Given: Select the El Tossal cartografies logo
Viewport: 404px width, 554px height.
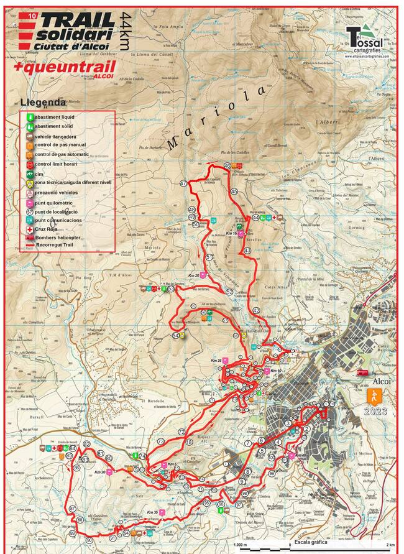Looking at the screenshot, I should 367,40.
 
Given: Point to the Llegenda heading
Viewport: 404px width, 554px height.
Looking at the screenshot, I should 43,102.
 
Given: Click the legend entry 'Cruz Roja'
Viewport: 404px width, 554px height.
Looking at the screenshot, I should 50,229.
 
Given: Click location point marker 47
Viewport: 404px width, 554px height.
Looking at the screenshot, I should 183,183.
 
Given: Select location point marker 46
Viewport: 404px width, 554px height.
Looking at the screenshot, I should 227,166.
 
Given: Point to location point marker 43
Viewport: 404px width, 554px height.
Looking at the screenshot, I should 247,251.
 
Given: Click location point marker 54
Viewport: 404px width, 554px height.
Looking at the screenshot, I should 176,336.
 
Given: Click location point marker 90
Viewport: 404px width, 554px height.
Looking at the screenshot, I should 90,540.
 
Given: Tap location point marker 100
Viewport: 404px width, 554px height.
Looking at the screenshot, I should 271,458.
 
